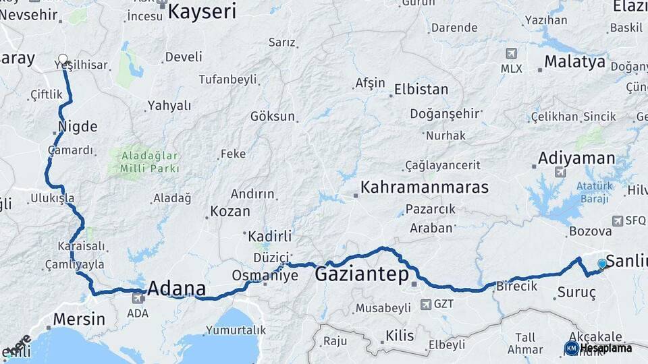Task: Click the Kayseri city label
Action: tap(202, 11)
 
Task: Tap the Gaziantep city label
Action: tap(362, 274)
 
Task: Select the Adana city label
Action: tap(176, 289)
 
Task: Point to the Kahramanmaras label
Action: tap(424, 187)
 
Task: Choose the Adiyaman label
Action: tap(576, 159)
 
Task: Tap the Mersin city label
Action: tap(79, 319)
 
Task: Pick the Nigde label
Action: tap(78, 127)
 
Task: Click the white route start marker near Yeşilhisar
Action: tap(63, 59)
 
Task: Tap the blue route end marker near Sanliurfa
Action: tap(602, 264)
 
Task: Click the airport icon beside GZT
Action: tap(425, 304)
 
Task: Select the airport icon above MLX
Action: tap(511, 53)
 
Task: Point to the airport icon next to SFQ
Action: tap(617, 220)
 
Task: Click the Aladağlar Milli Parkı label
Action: tap(150, 162)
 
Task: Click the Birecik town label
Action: tap(516, 286)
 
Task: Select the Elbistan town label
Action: tap(421, 89)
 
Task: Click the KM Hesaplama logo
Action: tap(598, 348)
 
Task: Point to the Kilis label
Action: tap(399, 335)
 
